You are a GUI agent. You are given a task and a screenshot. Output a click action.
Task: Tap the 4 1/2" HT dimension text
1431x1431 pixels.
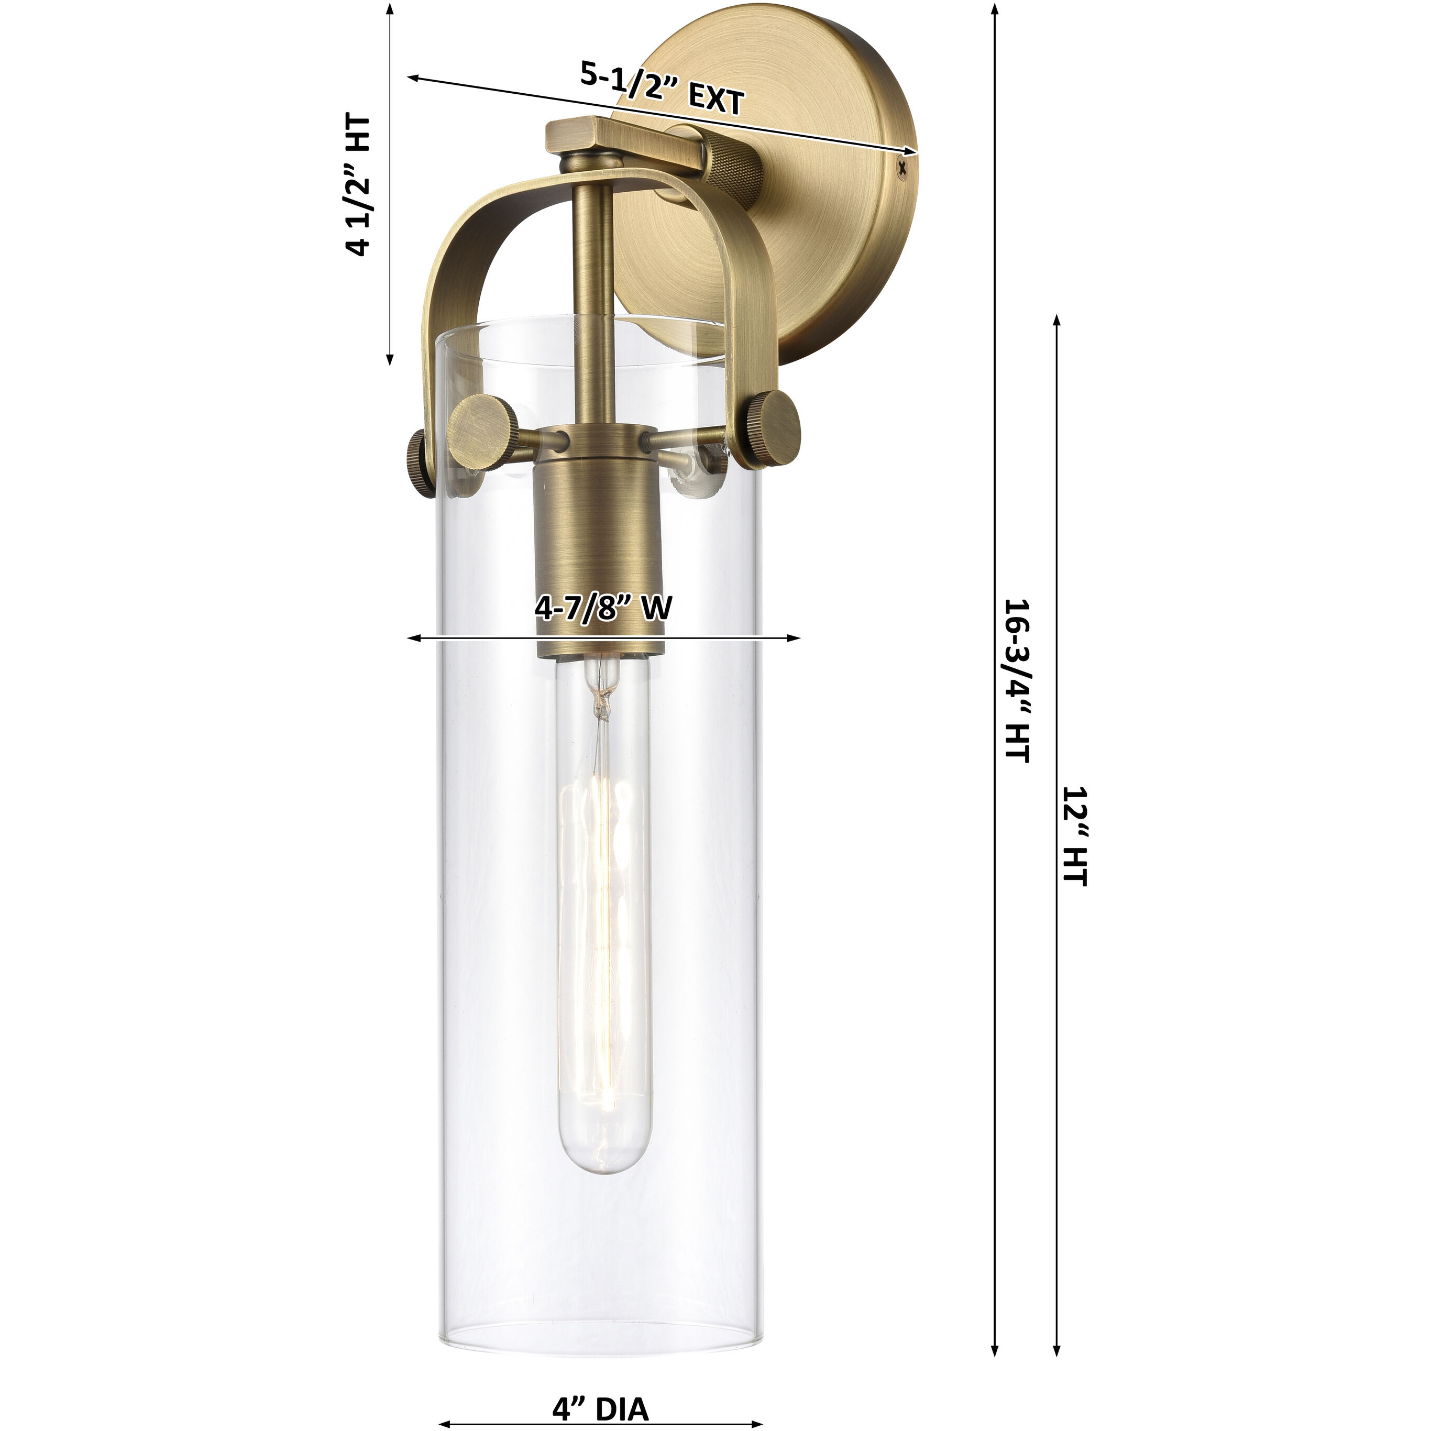pyautogui.click(x=358, y=185)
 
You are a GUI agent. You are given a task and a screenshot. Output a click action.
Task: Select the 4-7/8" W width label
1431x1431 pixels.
pyautogui.click(x=603, y=608)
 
